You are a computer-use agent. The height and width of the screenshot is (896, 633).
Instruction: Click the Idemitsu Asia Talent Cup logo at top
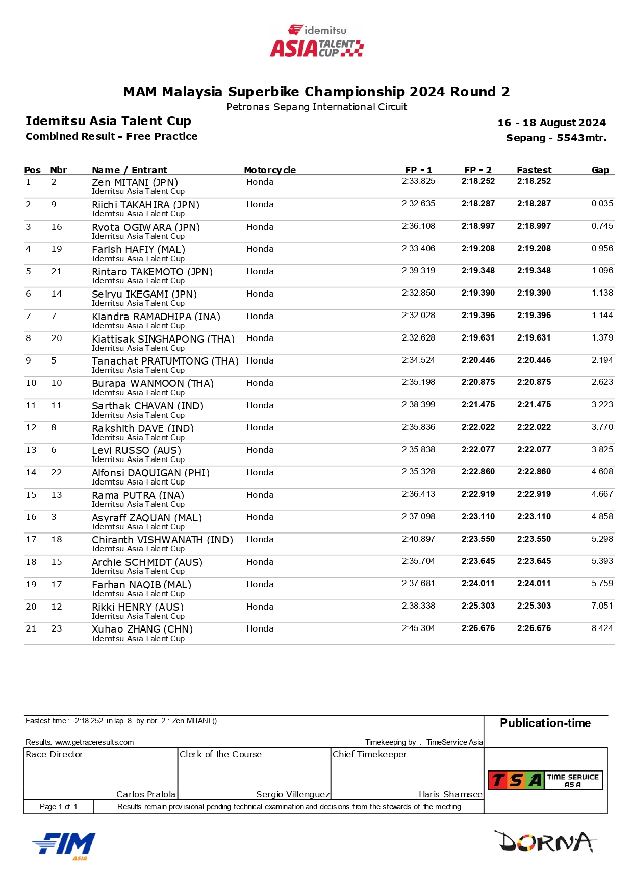coord(317,40)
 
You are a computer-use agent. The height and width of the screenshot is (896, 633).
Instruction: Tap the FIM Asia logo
coord(64,845)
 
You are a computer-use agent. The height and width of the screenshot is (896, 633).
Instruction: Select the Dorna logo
coord(545,841)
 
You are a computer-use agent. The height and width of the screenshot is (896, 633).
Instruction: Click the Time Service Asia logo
coord(545,780)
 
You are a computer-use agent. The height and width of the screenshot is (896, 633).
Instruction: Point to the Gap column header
coord(600,170)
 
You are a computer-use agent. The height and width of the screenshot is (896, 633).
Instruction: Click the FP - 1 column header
coord(418,170)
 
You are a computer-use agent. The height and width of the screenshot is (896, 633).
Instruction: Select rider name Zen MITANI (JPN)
coord(135,182)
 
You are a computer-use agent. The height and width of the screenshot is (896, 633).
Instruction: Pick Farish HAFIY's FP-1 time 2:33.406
coord(418,249)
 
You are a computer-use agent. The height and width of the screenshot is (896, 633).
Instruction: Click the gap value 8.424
coord(602,628)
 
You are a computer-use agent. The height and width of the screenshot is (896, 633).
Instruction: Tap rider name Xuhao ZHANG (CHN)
coord(142,629)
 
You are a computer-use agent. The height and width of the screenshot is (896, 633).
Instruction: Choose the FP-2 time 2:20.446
coord(478,360)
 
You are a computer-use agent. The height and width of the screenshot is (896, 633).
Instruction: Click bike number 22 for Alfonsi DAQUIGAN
coord(57,473)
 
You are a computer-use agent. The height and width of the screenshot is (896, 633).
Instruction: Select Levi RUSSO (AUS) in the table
coord(136,450)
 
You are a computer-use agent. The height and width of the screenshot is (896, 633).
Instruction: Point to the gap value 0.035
coord(602,204)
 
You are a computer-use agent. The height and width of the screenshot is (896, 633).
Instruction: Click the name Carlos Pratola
coord(146,794)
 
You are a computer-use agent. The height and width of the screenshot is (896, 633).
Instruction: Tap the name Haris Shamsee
coord(450,794)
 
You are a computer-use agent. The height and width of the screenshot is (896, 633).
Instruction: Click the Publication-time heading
coord(545,723)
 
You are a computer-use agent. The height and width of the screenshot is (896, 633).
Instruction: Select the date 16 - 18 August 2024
coord(551,123)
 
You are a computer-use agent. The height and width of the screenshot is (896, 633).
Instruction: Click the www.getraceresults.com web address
coord(94,742)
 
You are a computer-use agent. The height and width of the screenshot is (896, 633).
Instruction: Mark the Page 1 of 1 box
coord(59,807)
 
